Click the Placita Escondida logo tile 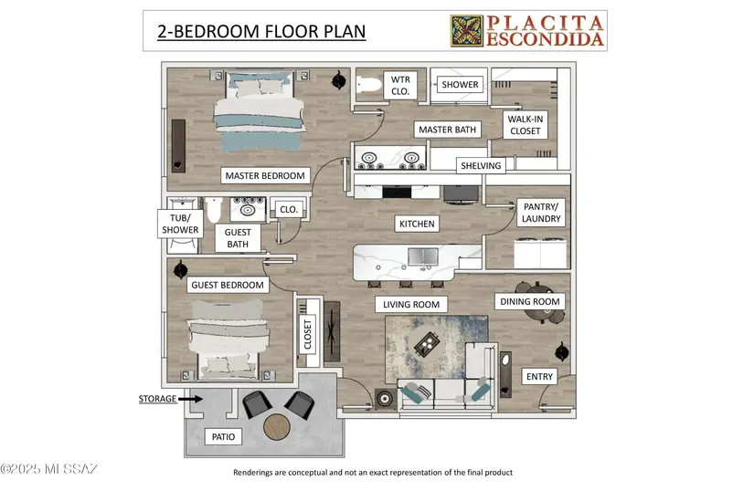tap(467, 31)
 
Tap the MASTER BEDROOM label tap(265, 175)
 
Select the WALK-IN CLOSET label tap(526, 125)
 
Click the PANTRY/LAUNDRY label tap(541, 213)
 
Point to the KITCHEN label tap(417, 224)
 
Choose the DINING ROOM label tap(530, 301)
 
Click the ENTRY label tap(539, 376)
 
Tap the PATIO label tap(224, 437)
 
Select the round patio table tap(277, 427)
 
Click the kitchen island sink tap(423, 256)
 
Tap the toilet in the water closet tap(369, 86)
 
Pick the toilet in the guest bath tap(214, 210)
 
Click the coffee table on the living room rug tap(427, 343)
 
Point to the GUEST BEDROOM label tap(228, 285)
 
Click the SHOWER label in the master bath tap(461, 85)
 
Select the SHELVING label tap(481, 165)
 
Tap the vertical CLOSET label tap(308, 335)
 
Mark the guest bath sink tap(248, 209)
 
